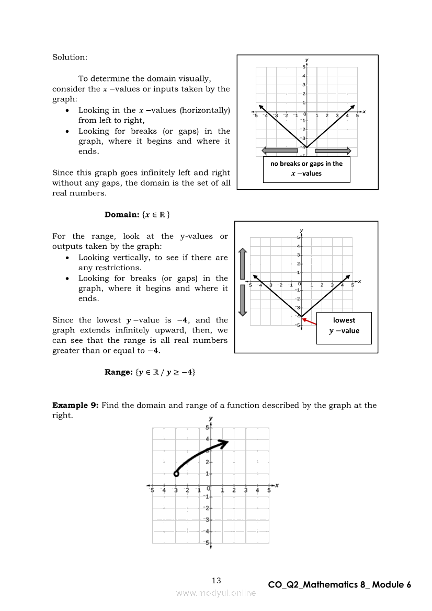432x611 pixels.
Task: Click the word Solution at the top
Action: (x=70, y=57)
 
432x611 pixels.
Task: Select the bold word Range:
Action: (x=118, y=372)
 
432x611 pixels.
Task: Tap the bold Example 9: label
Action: (x=75, y=405)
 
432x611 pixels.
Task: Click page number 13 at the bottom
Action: (x=216, y=580)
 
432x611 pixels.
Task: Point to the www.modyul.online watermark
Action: (x=216, y=593)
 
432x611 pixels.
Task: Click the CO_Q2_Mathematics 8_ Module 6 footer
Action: (x=339, y=585)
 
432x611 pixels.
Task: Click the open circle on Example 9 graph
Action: (x=176, y=474)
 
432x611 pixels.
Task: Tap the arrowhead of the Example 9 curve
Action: (x=225, y=443)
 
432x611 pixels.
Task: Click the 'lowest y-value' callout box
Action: (x=344, y=326)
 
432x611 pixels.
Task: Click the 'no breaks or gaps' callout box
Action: (x=306, y=168)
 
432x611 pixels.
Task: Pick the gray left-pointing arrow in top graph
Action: (x=279, y=151)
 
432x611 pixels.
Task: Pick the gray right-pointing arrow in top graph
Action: (x=333, y=151)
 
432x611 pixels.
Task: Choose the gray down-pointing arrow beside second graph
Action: (x=242, y=300)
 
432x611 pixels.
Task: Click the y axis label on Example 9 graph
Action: (x=210, y=418)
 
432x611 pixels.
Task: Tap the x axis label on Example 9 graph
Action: (x=277, y=486)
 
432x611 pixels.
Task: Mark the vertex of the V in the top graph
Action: (x=307, y=147)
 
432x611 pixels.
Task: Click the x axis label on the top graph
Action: (x=365, y=111)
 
